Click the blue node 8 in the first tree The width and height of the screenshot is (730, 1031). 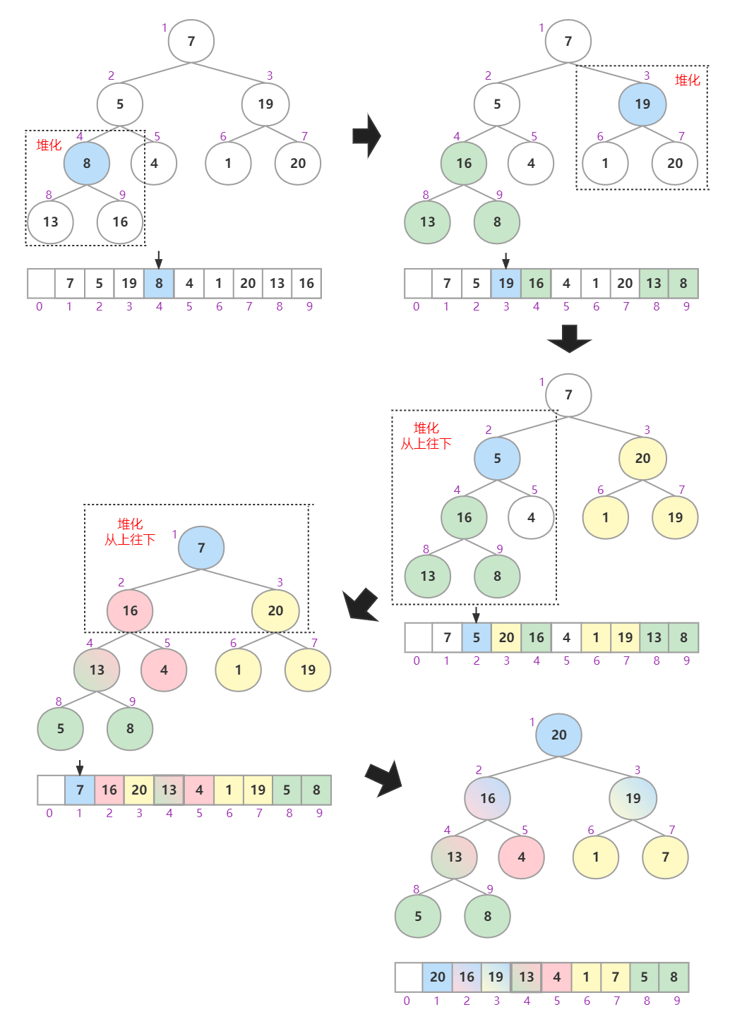click(86, 163)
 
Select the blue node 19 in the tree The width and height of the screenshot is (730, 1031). click(642, 104)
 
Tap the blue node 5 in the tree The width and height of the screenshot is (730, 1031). click(497, 459)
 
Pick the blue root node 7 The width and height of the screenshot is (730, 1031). click(201, 548)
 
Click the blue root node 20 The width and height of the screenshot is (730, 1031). click(558, 735)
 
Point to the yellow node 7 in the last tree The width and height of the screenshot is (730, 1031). click(665, 857)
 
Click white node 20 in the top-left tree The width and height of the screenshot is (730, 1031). click(297, 164)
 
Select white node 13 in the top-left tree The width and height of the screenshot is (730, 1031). click(50, 222)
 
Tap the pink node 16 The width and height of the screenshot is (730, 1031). click(130, 611)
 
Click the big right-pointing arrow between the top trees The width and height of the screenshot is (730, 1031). click(366, 135)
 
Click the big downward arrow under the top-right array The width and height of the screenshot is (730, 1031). click(569, 339)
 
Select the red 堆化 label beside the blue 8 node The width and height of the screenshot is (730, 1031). click(49, 145)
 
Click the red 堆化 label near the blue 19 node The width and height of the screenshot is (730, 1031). click(687, 80)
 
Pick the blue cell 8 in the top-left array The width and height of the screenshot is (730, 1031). click(159, 284)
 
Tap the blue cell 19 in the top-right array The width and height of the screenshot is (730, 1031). click(506, 284)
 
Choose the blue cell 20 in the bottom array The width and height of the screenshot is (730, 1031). click(437, 977)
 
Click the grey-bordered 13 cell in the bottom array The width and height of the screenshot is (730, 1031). click(526, 977)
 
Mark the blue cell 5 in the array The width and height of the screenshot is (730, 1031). click(477, 638)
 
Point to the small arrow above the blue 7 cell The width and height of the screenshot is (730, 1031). click(80, 768)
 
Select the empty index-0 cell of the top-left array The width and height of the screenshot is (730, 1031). click(41, 284)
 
